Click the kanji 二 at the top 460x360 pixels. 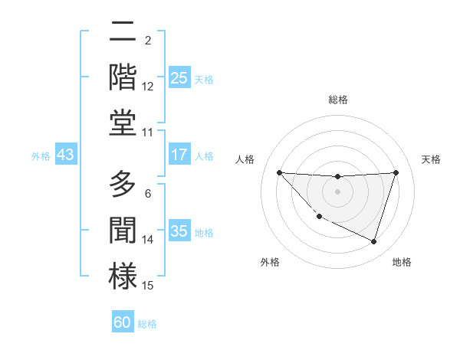122,33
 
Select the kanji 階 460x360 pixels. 122,77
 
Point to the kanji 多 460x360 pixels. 122,186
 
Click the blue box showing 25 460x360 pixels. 179,78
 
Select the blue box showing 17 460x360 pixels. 179,155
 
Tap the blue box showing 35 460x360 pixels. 179,231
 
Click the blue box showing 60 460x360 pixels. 123,322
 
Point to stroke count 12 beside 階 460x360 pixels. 148,87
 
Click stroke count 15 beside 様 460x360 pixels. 148,286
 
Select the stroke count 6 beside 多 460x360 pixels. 148,194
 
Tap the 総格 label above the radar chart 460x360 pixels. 337,100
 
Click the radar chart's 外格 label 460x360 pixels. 270,262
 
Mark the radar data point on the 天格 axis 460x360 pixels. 396,172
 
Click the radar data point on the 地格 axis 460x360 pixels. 373,241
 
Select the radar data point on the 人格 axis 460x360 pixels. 279,172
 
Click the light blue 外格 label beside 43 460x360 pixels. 41,156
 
